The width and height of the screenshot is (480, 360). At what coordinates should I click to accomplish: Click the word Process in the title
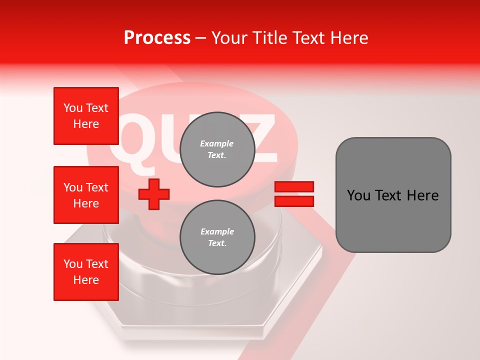point(157,38)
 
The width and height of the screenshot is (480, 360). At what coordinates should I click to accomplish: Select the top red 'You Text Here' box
point(86,116)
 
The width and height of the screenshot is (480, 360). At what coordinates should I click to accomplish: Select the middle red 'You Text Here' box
point(86,195)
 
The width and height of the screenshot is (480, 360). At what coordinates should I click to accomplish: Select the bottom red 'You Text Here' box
point(86,271)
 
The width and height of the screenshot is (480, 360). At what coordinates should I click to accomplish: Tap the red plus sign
point(154,194)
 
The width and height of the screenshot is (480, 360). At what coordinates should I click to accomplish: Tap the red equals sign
point(294,194)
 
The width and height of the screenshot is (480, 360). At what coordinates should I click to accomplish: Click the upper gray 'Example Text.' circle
point(217,149)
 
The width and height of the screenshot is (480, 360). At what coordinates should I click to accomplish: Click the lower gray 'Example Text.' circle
point(217,237)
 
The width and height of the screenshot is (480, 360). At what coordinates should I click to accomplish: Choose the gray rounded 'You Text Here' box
point(393,195)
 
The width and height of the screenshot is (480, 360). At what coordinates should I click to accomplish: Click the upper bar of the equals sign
point(294,187)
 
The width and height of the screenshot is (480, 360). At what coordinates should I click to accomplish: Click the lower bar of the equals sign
point(294,201)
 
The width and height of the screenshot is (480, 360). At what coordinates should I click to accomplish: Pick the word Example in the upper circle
point(217,144)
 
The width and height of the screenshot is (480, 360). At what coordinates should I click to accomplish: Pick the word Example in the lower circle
point(217,232)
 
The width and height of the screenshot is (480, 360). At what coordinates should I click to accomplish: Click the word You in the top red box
point(73,108)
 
